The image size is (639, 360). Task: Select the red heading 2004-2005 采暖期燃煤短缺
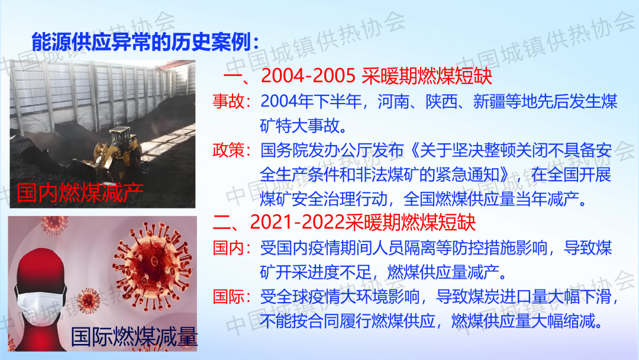coord(376,75)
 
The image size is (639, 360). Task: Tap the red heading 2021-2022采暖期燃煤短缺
coord(363,222)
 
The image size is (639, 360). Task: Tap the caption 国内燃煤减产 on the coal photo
coord(80,193)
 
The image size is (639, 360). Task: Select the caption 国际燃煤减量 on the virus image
coord(134,337)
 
